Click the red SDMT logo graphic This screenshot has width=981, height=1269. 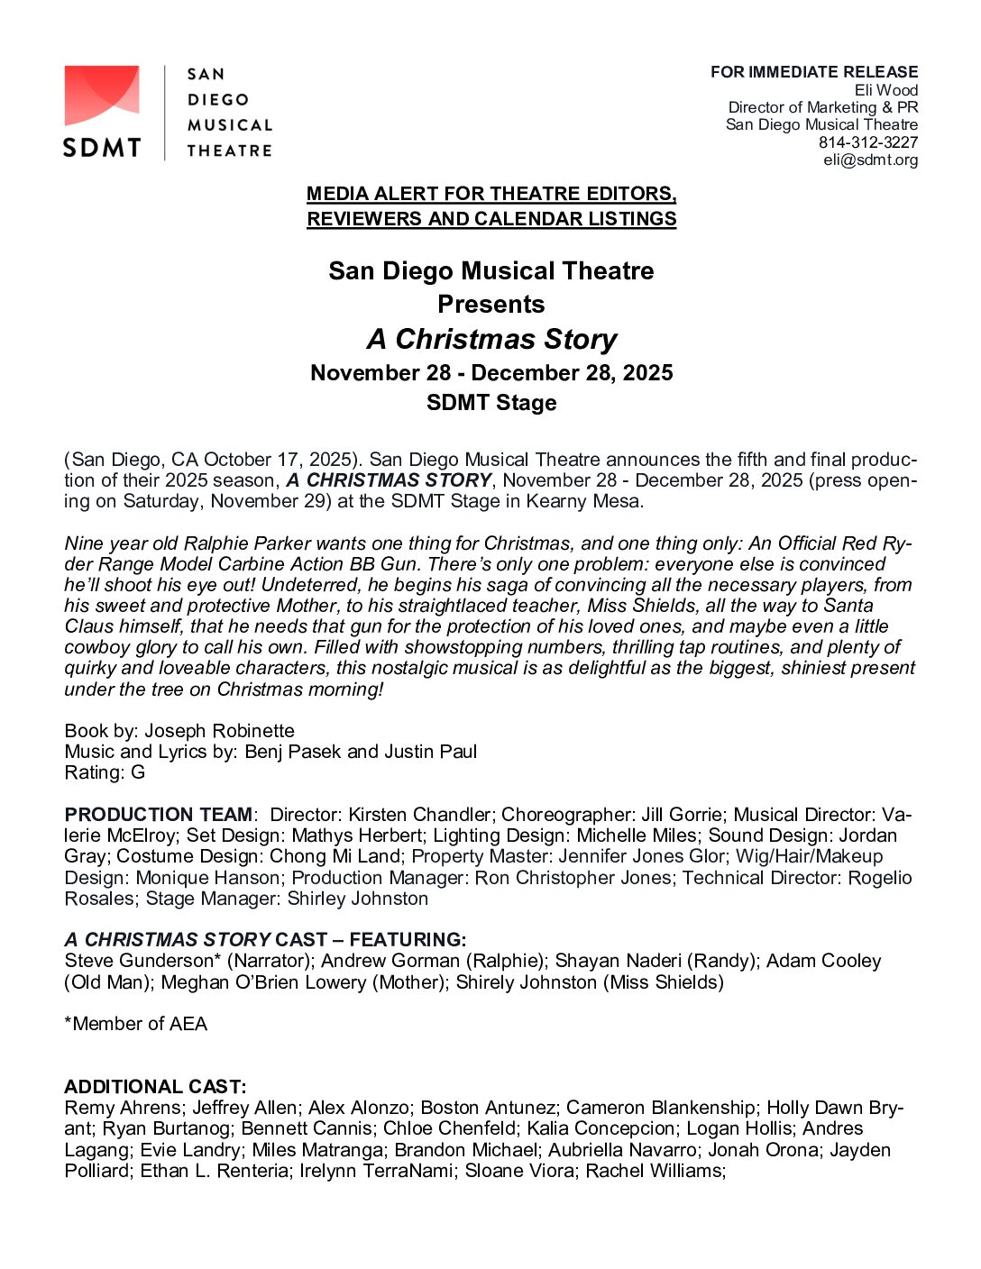[101, 96]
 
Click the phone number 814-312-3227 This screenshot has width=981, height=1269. [867, 142]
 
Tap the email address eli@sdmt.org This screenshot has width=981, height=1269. [870, 160]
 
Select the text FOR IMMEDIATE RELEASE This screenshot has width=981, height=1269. [813, 72]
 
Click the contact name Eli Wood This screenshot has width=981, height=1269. [885, 90]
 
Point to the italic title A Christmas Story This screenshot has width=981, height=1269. [491, 339]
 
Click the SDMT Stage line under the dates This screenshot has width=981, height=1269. [491, 403]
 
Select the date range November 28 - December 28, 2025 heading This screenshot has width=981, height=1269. [491, 373]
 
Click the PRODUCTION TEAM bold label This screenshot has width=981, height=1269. [158, 815]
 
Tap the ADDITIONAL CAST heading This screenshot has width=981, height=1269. [155, 1087]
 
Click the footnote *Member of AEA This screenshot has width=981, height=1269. [136, 1024]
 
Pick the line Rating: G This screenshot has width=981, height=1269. [105, 772]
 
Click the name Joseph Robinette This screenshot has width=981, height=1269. [219, 731]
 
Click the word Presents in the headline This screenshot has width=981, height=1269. [491, 305]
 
